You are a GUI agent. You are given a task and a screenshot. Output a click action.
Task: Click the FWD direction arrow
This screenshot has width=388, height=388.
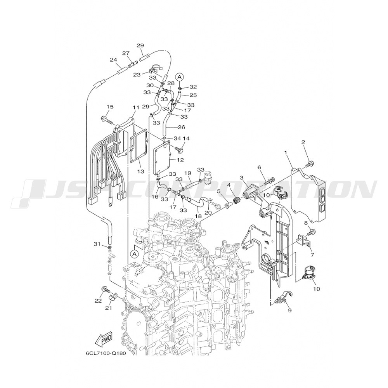pyautogui.click(x=104, y=340)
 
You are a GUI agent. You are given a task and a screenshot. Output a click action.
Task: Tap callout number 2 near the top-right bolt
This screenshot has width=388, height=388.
pyautogui.click(x=303, y=142)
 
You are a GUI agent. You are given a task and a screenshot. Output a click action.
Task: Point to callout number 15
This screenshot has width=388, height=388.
pyautogui.click(x=110, y=107)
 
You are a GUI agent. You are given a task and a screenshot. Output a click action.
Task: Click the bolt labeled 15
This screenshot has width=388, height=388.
pyautogui.click(x=107, y=120)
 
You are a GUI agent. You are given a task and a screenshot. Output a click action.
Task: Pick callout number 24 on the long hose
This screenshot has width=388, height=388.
pyautogui.click(x=113, y=60)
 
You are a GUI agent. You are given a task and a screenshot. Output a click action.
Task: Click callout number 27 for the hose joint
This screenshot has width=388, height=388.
pyautogui.click(x=126, y=53)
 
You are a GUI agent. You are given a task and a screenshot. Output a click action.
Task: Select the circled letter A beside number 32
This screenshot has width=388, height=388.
pyautogui.click(x=179, y=77)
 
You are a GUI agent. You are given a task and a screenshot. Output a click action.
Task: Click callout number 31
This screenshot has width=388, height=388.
pyautogui.click(x=97, y=244)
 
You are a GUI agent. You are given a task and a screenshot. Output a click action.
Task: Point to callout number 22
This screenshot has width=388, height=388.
pyautogui.click(x=98, y=300)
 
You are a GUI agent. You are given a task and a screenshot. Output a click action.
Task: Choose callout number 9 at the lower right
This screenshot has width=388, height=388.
pyautogui.click(x=289, y=310)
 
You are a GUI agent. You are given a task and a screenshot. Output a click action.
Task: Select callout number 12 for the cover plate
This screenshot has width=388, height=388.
pyautogui.click(x=180, y=160)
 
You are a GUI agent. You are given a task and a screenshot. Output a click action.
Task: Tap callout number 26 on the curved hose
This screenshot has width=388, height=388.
pyautogui.click(x=181, y=127)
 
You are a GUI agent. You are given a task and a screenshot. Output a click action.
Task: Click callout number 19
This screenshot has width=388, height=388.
pyautogui.click(x=188, y=173)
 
